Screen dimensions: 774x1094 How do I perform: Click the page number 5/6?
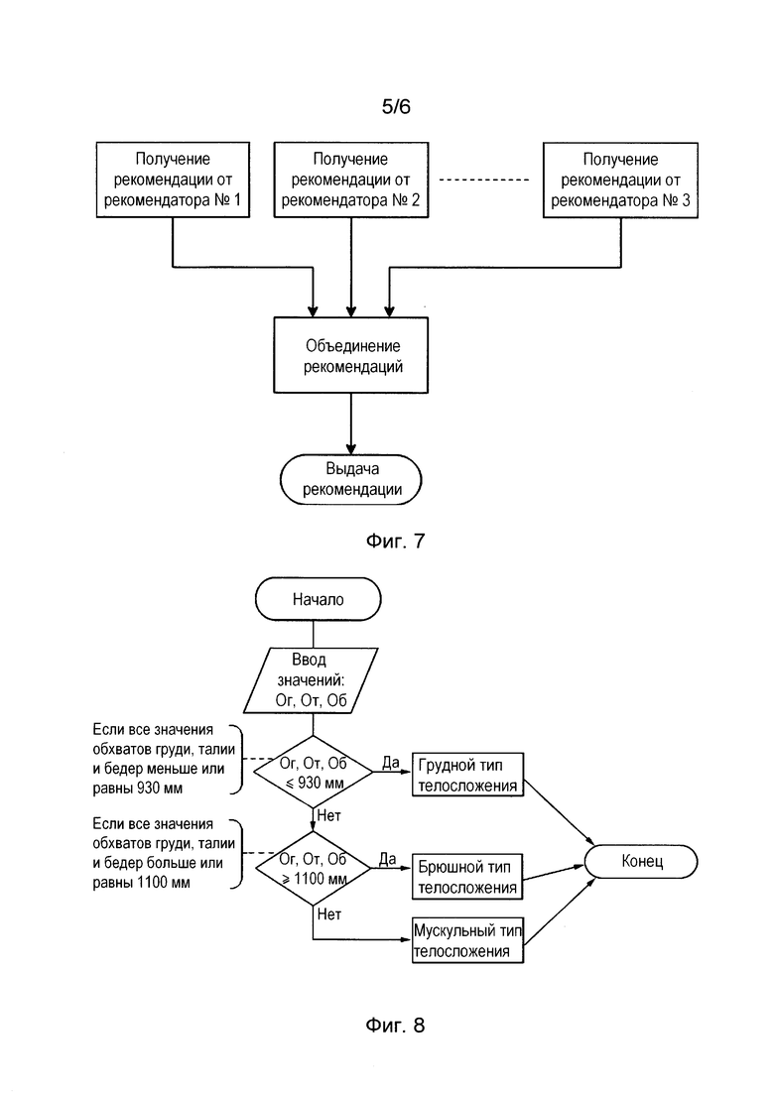click(x=396, y=106)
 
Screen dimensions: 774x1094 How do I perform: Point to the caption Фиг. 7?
click(x=395, y=541)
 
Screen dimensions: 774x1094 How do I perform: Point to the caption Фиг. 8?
click(x=395, y=1025)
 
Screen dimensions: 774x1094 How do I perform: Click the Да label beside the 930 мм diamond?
click(x=391, y=762)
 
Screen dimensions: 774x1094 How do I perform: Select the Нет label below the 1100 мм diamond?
click(x=328, y=913)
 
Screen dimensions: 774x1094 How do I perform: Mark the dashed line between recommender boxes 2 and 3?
click(x=484, y=180)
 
